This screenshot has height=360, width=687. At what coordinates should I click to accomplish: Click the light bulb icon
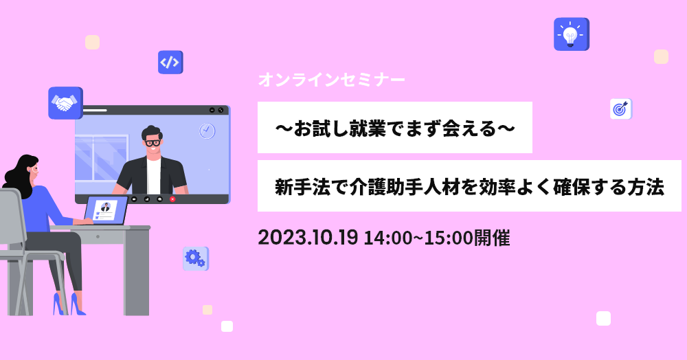click(572, 34)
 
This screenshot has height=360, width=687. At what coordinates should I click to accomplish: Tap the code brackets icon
click(170, 63)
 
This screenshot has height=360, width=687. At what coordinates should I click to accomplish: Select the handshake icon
click(65, 103)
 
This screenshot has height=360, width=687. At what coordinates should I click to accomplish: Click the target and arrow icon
click(621, 109)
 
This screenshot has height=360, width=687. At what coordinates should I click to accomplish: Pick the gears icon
click(195, 258)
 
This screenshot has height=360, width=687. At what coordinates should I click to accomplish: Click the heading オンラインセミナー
click(332, 80)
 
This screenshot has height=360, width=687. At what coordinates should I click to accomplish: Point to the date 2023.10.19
click(308, 238)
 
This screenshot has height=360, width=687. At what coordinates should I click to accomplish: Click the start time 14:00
click(388, 238)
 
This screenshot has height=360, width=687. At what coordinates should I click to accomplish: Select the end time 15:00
click(449, 238)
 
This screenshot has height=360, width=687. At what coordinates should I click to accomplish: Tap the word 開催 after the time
click(492, 238)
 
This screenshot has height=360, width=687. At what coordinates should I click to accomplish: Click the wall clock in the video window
click(207, 131)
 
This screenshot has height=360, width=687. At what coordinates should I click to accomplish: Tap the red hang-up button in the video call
click(172, 199)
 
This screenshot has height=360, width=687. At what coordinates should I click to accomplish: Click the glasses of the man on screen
click(153, 143)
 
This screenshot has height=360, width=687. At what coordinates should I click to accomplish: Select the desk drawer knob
click(98, 236)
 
